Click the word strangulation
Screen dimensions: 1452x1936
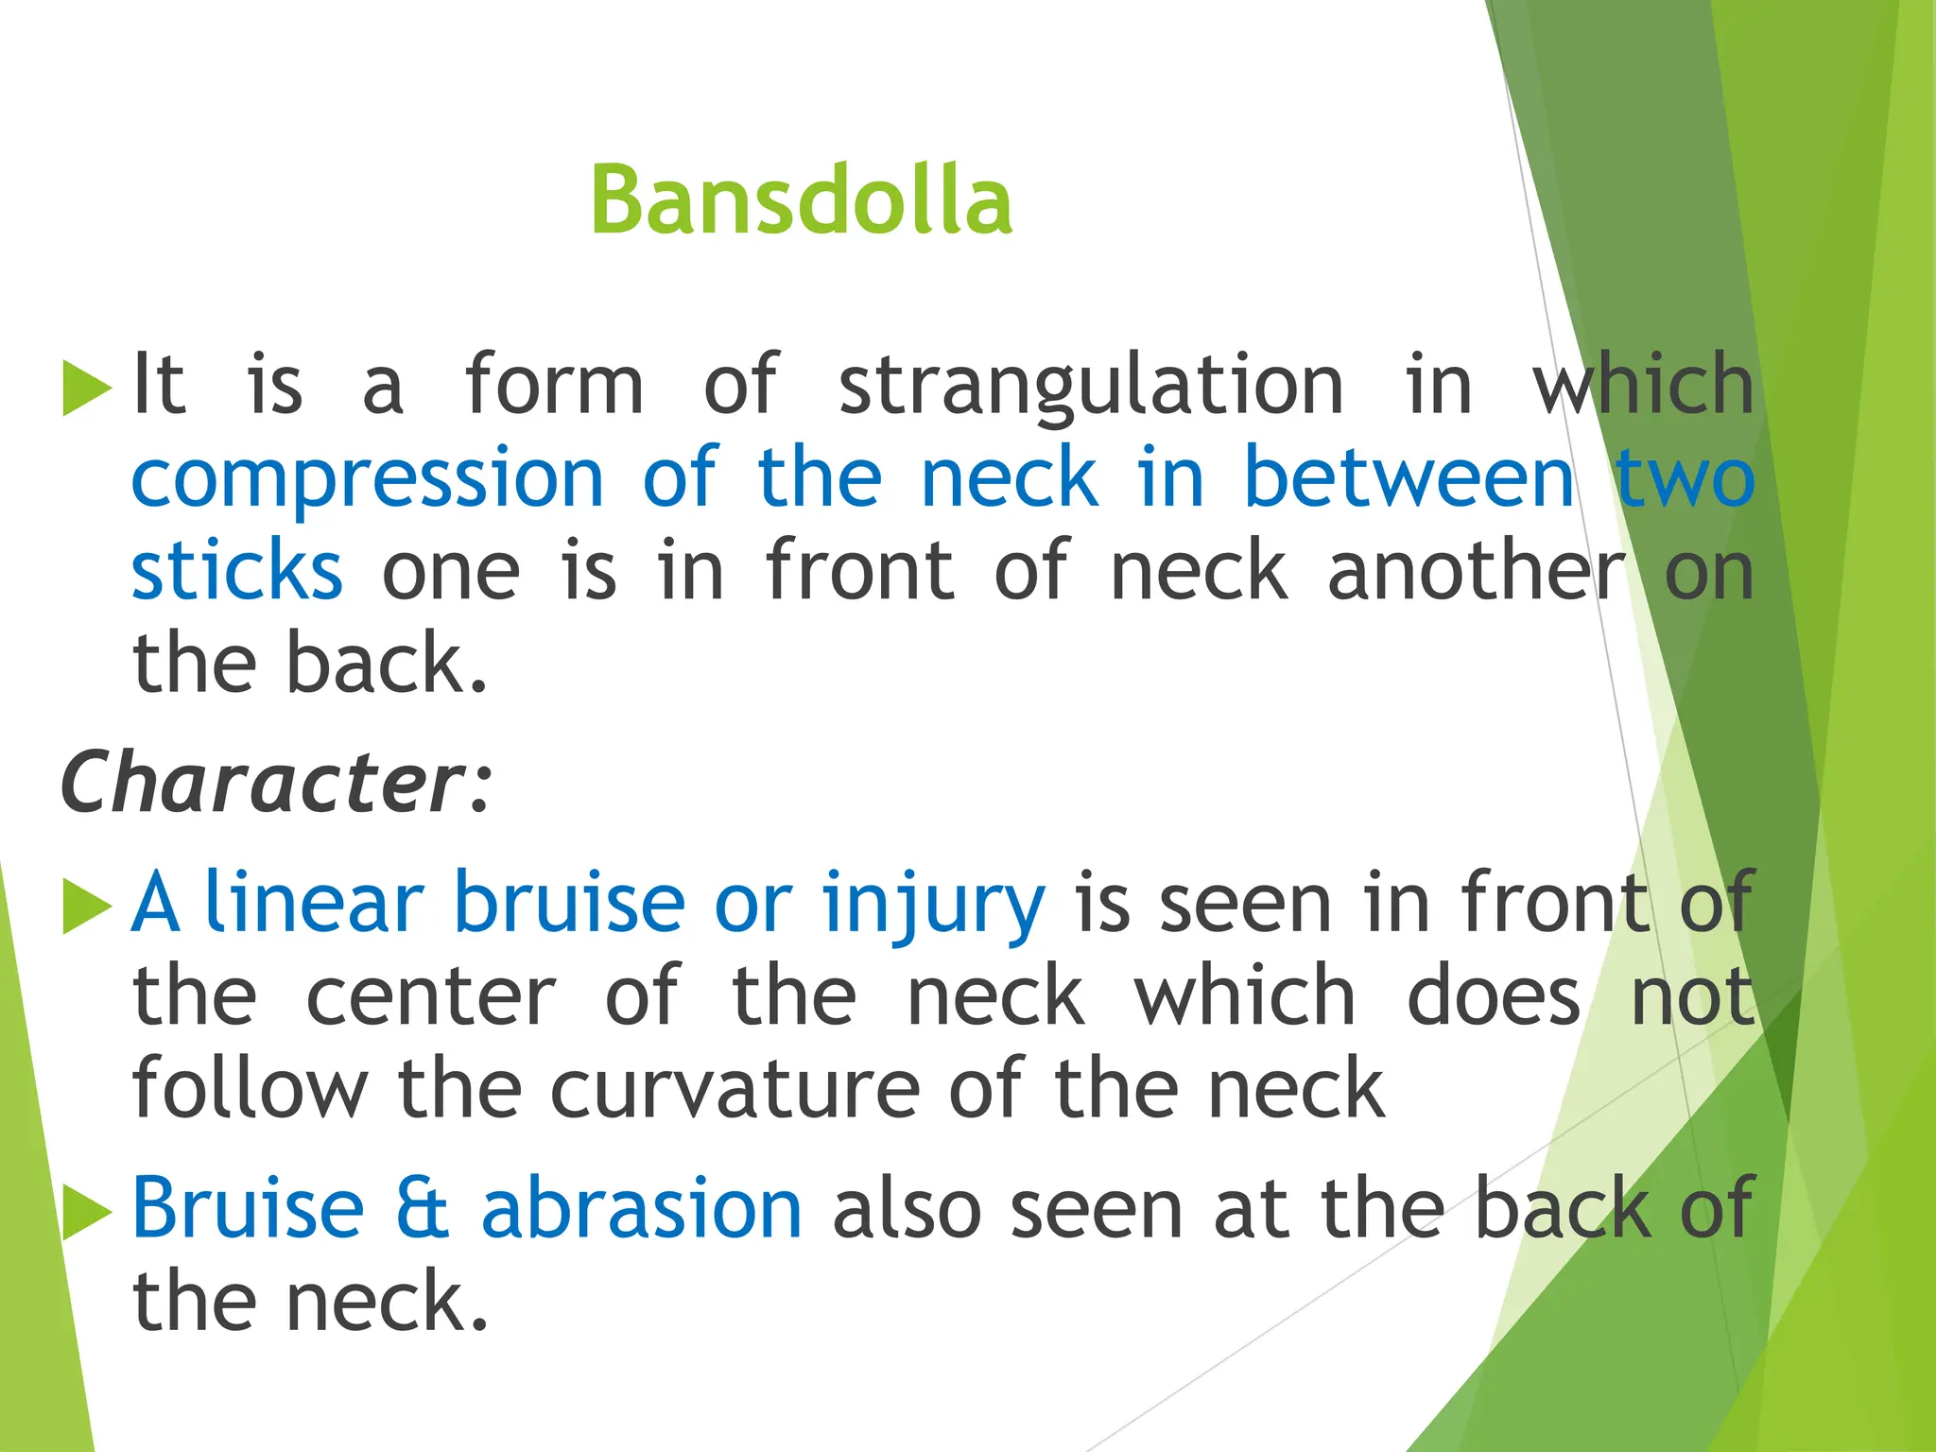click(1091, 386)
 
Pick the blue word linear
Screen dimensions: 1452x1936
click(314, 903)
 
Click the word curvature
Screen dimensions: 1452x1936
click(735, 1089)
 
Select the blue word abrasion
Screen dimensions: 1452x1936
click(642, 1209)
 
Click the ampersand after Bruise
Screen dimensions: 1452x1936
click(422, 1209)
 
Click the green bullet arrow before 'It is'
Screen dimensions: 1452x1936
click(86, 388)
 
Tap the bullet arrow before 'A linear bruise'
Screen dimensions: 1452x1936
click(86, 905)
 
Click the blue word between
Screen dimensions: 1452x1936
click(1409, 478)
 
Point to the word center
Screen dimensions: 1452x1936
click(431, 996)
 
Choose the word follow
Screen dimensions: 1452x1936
click(250, 1089)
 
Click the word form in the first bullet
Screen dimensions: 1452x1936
click(554, 384)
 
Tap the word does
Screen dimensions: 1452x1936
click(1494, 996)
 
